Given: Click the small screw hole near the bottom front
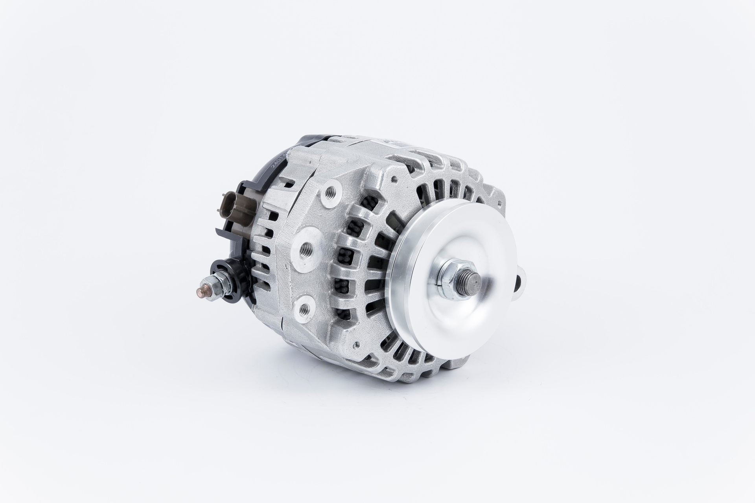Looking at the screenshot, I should pos(356,346).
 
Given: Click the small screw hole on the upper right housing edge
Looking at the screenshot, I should pos(499,203).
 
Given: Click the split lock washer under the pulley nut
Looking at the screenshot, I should pos(441,279).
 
